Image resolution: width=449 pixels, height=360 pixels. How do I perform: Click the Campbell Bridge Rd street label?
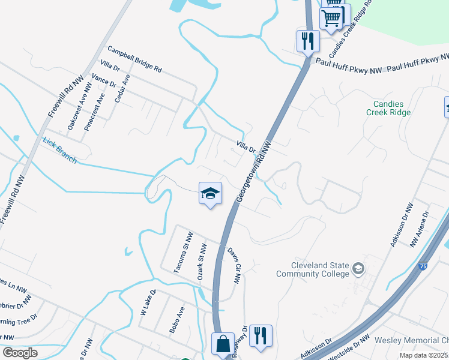pyautogui.click(x=134, y=59)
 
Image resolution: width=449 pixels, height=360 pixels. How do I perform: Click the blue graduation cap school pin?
pyautogui.click(x=210, y=193)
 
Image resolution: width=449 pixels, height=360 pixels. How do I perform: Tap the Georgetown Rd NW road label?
pyautogui.click(x=255, y=172)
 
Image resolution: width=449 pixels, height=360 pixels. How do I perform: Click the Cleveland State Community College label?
pyautogui.click(x=312, y=269)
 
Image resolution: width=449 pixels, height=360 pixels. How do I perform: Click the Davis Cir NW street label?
pyautogui.click(x=234, y=265)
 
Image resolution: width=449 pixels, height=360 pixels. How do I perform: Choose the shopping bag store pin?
pyautogui.click(x=223, y=344)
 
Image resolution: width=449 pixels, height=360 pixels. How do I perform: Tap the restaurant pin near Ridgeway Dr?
pyautogui.click(x=261, y=336)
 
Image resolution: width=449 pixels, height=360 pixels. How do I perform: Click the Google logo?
pyautogui.click(x=20, y=353)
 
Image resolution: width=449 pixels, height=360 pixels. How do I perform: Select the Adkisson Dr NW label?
pyautogui.click(x=401, y=224)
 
